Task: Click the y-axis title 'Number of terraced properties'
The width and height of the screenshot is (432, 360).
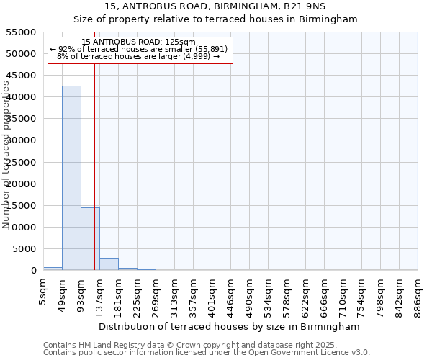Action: [x=7, y=155]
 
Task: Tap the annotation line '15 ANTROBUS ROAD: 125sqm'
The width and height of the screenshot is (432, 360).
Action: [x=138, y=42]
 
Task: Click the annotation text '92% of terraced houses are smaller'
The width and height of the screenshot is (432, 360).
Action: [x=138, y=49]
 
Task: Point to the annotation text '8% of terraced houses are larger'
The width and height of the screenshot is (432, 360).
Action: [x=138, y=56]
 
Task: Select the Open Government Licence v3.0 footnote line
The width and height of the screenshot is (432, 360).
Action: [x=207, y=353]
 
